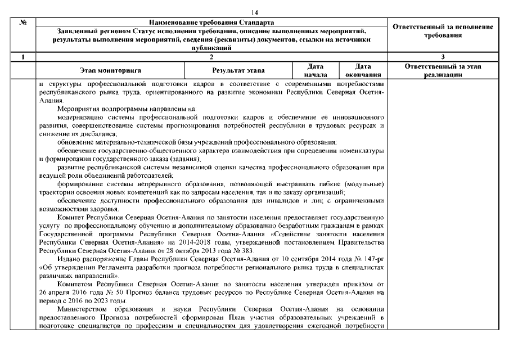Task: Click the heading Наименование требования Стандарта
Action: (x=213, y=21)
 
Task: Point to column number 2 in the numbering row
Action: (x=212, y=57)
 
